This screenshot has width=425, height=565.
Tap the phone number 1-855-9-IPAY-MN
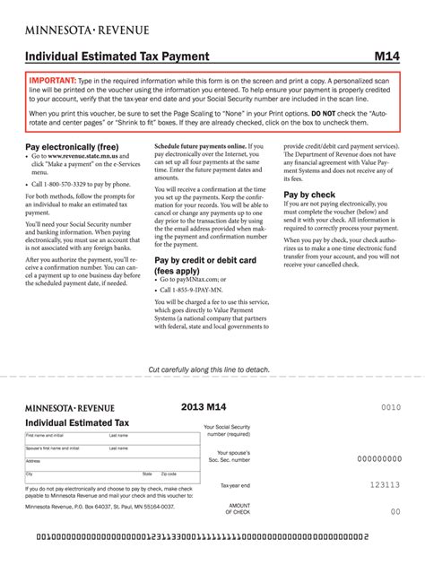coord(192,290)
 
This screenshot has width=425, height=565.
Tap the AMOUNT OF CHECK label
coord(239,508)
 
